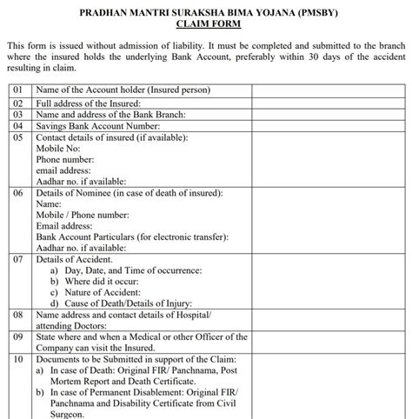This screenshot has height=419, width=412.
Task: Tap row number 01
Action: click(17, 90)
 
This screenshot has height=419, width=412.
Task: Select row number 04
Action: click(17, 125)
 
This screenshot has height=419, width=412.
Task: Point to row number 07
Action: click(17, 259)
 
